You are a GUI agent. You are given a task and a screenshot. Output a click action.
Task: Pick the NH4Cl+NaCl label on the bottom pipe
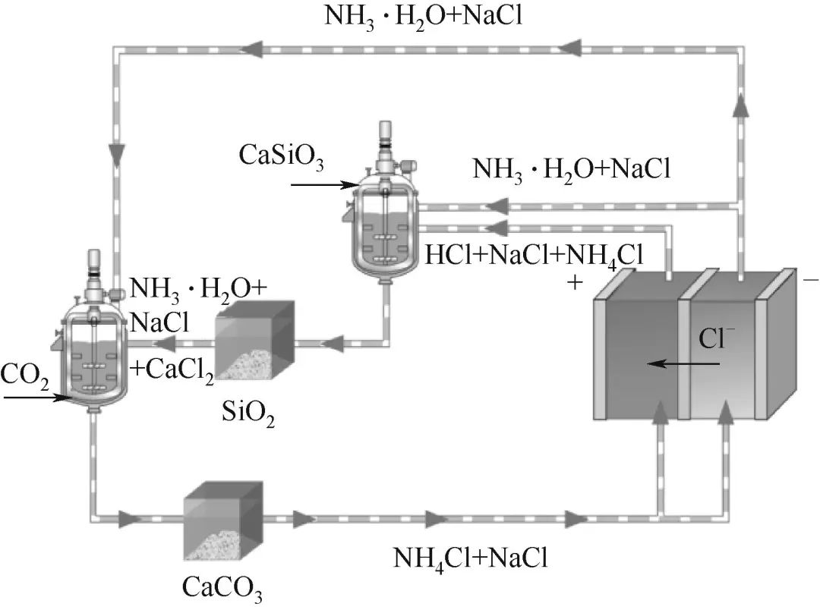pos(470,558)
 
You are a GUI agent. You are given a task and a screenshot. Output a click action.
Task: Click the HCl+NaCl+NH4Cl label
pos(535,256)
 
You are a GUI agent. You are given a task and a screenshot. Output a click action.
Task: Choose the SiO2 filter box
pos(254,340)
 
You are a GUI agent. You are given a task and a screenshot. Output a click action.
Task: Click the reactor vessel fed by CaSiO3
pos(386,220)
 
